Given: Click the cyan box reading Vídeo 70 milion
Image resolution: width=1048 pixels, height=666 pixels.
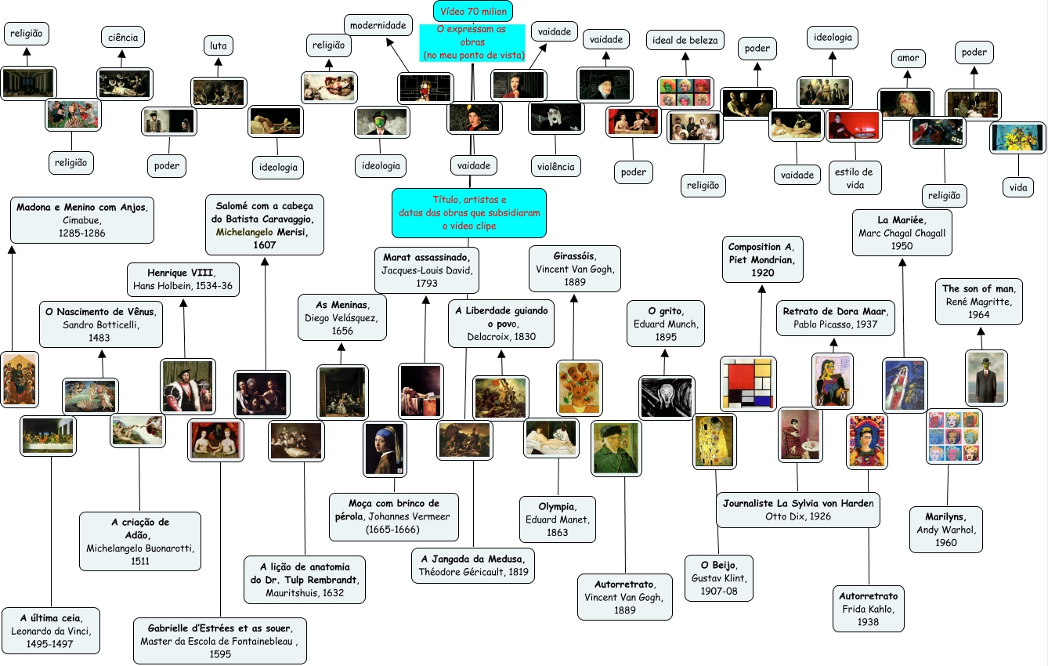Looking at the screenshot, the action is tap(473, 12).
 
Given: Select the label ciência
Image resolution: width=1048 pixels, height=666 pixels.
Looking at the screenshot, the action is tap(123, 37).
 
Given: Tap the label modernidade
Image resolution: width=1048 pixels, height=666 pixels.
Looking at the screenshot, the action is tap(378, 26).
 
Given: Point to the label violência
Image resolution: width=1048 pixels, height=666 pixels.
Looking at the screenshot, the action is tap(555, 166).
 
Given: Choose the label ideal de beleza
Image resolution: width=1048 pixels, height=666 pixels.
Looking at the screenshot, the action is tap(685, 40).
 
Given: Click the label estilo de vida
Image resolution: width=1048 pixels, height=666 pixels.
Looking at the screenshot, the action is tap(855, 177).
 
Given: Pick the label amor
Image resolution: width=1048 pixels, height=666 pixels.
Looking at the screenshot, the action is tap(908, 58).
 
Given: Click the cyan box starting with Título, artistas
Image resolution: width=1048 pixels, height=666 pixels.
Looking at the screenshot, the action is tap(469, 212).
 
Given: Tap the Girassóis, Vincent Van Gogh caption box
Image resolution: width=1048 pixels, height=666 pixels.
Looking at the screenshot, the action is tap(575, 269).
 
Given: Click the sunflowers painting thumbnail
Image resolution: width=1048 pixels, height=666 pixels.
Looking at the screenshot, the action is tap(580, 387).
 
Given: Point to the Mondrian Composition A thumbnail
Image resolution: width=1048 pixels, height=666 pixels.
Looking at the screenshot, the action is tap(748, 383).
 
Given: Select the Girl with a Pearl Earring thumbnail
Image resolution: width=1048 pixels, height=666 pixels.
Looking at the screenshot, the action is tap(385, 448).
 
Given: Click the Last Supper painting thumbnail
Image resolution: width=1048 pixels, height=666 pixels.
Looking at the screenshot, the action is tap(49, 436).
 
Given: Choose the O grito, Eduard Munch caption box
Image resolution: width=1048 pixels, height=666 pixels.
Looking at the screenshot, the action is tap(666, 324).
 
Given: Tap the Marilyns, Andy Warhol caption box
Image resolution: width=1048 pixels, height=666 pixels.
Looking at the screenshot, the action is tap(945, 529).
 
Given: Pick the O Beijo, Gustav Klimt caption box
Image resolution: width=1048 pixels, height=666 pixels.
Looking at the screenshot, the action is tap(718, 577).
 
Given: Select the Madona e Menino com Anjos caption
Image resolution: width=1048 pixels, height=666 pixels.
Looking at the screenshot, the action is tap(82, 220).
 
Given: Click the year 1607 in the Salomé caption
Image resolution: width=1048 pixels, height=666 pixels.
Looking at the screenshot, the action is tap(265, 244).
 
